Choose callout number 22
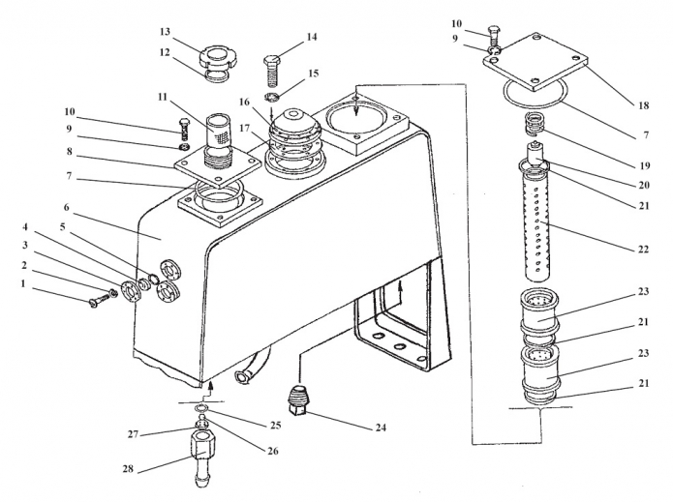tap(642, 249)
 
